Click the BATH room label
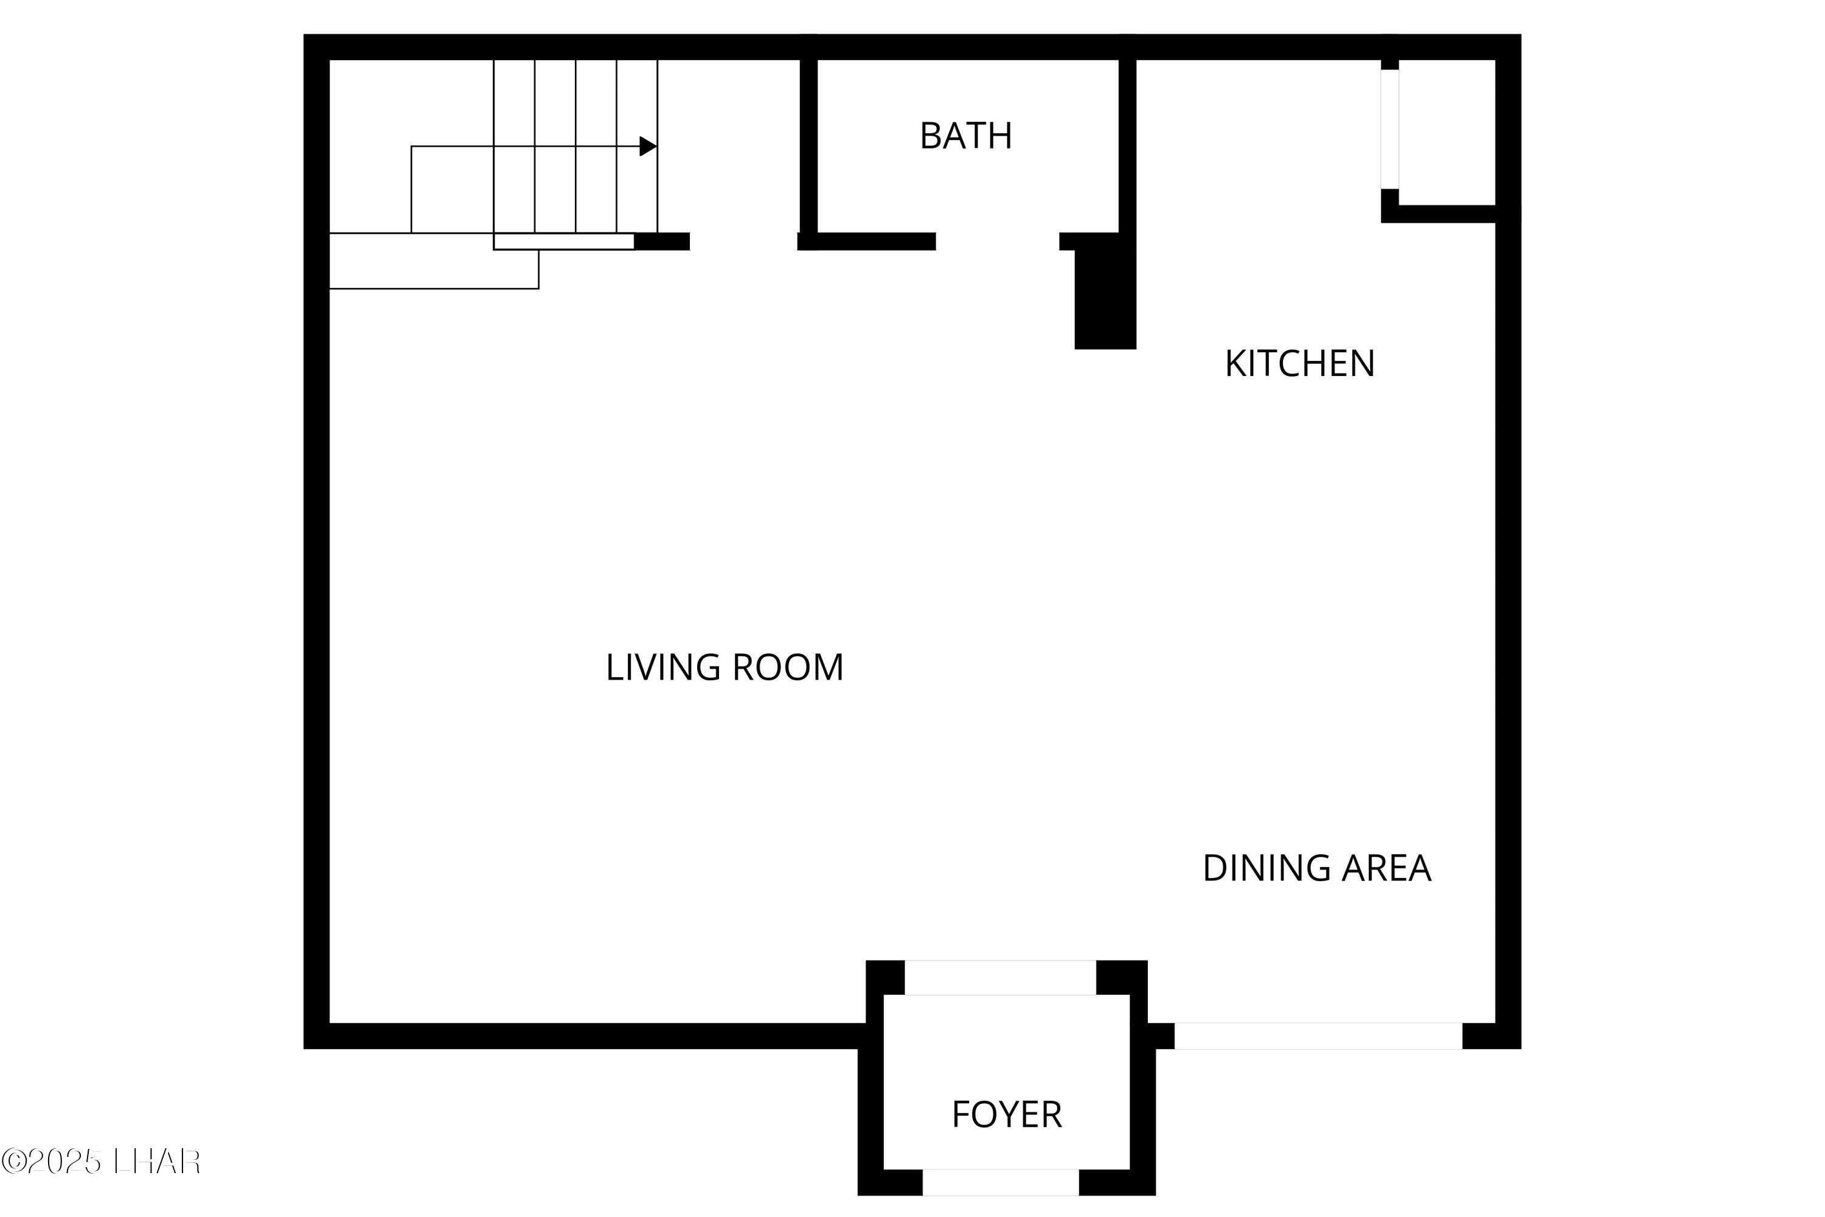pyautogui.click(x=965, y=136)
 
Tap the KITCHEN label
pyautogui.click(x=1299, y=363)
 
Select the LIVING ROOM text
pyautogui.click(x=724, y=667)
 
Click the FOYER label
pyautogui.click(x=1006, y=1115)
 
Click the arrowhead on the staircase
pyautogui.click(x=647, y=146)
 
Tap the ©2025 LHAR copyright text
pyautogui.click(x=101, y=1161)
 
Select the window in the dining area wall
pyautogui.click(x=1318, y=1036)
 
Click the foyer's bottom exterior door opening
pyautogui.click(x=999, y=1182)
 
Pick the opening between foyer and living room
pyautogui.click(x=999, y=977)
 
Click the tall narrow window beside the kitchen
pyautogui.click(x=1389, y=129)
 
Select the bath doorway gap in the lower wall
pyautogui.click(x=997, y=242)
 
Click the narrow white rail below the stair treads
pyautogui.click(x=563, y=242)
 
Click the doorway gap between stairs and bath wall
pyautogui.click(x=743, y=242)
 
